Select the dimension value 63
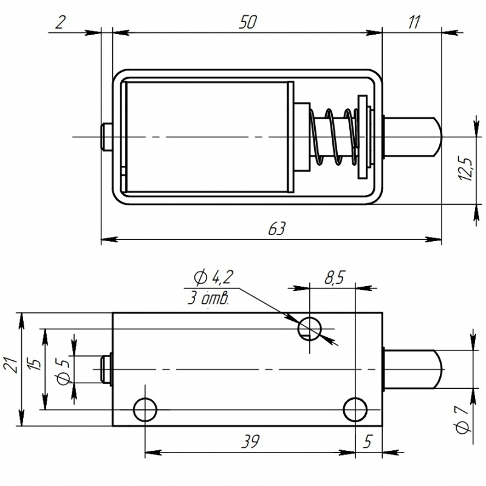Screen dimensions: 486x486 click(x=276, y=229)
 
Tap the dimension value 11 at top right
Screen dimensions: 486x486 click(x=414, y=22)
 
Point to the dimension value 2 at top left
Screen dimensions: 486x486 click(x=60, y=22)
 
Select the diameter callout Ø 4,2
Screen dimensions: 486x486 click(x=213, y=278)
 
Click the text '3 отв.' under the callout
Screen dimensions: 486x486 click(x=208, y=298)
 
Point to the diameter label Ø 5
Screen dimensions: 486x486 click(x=61, y=370)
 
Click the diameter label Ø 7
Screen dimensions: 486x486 click(x=465, y=419)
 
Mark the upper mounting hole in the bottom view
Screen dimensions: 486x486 click(x=309, y=327)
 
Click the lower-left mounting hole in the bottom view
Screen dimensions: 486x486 click(x=145, y=409)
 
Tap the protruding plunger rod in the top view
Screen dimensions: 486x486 click(x=413, y=136)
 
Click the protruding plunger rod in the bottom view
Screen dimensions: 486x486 click(x=413, y=369)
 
